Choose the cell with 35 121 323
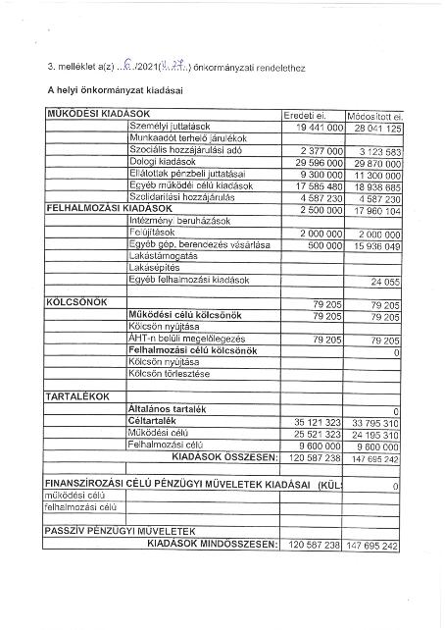312,421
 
